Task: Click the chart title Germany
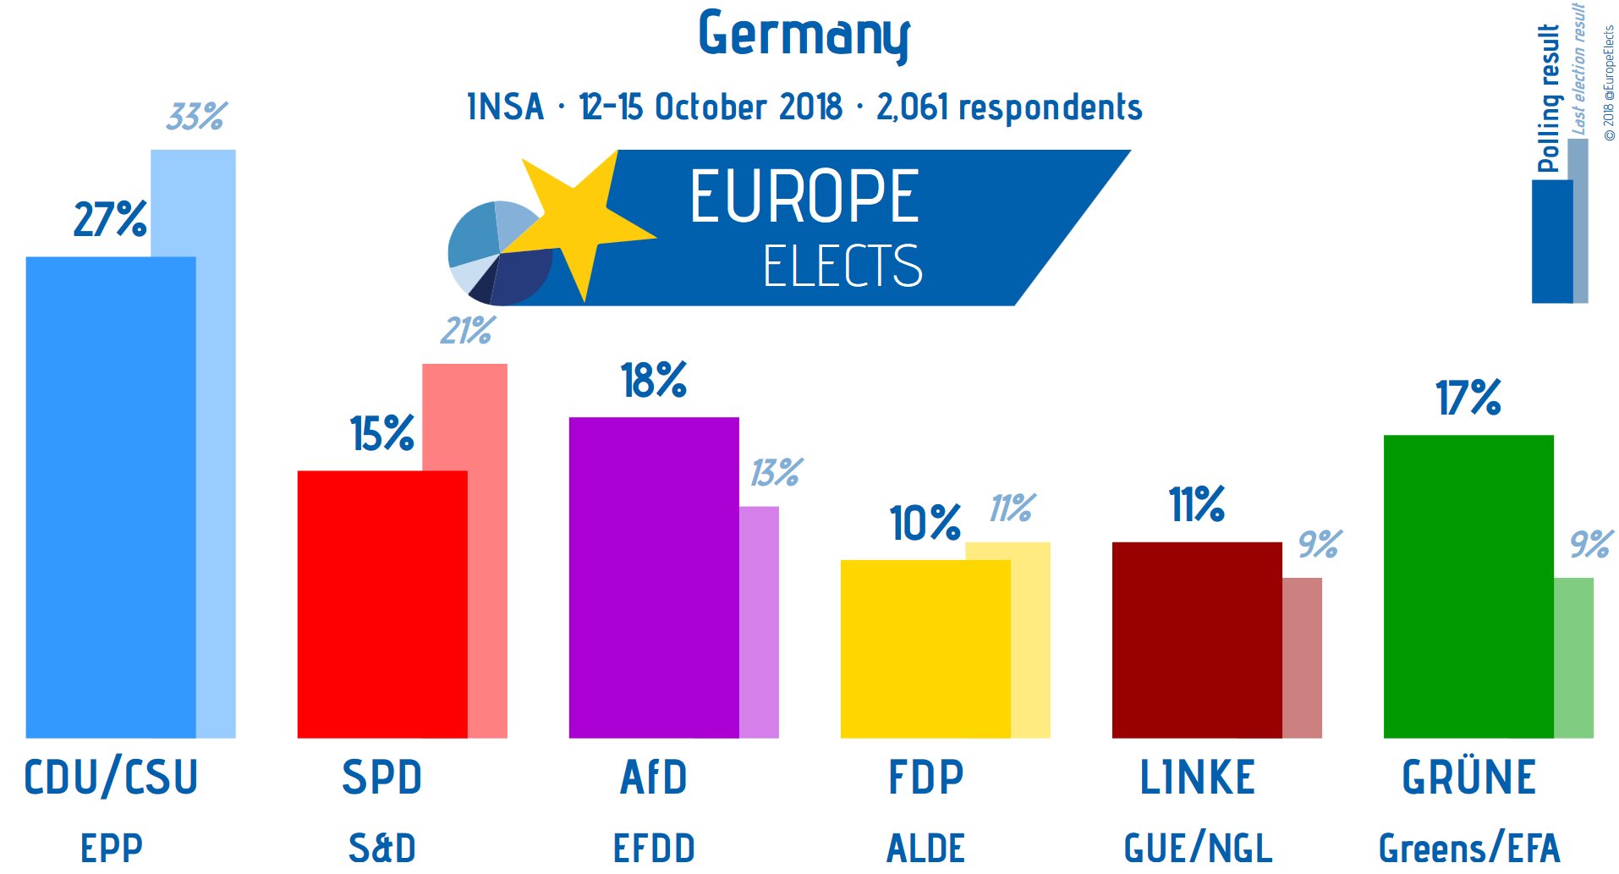[x=804, y=36]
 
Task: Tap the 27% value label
[x=110, y=219]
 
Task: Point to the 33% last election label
[x=196, y=116]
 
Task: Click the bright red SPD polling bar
[x=381, y=604]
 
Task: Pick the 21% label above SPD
[x=467, y=330]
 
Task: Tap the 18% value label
[x=653, y=380]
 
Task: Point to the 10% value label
[x=925, y=523]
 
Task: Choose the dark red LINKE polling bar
[x=1196, y=640]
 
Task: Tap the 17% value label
[x=1468, y=398]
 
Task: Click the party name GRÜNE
[x=1468, y=778]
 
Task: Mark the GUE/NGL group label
[x=1197, y=848]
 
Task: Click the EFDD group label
[x=654, y=848]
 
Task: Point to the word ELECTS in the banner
[x=842, y=266]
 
